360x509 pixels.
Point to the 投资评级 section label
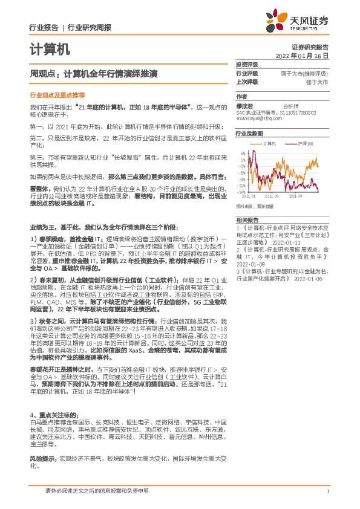tap(247, 63)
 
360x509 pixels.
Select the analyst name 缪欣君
tap(244, 105)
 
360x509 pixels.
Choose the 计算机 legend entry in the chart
tap(270, 143)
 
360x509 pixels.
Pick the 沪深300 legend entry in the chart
tap(306, 143)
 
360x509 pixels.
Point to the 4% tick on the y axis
tap(242, 154)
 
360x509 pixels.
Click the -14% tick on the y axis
tap(241, 192)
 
